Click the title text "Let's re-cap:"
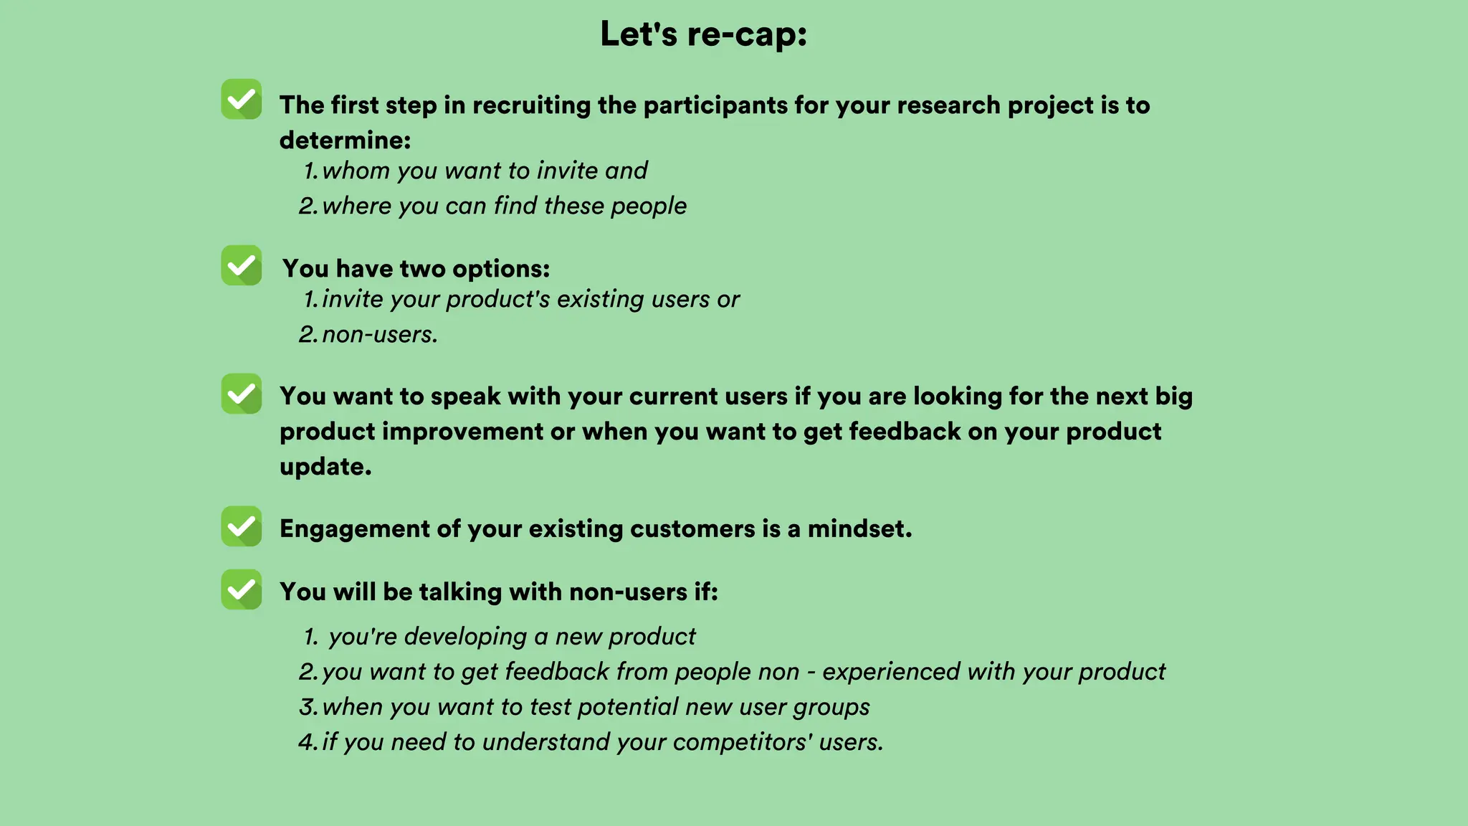point(703,34)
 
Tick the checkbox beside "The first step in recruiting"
point(242,99)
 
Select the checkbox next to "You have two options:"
point(242,265)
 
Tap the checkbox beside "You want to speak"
point(242,394)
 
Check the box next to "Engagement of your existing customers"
point(242,526)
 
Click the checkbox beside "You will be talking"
point(242,589)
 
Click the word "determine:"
point(345,140)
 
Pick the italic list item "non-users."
point(380,334)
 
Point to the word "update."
point(325,467)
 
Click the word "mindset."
point(859,529)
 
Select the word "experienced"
point(891,672)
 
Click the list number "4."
point(308,742)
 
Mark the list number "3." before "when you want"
point(308,707)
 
